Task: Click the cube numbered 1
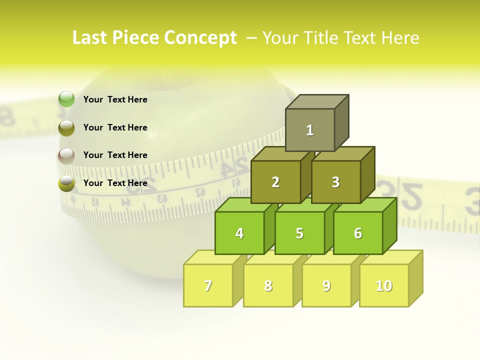click(310, 130)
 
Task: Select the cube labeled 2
click(275, 182)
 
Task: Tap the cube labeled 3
click(335, 182)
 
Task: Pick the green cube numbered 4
click(239, 233)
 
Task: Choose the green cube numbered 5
click(299, 233)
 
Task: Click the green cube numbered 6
click(358, 233)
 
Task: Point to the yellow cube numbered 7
click(208, 285)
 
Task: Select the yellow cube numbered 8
click(268, 285)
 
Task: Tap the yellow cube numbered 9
click(326, 285)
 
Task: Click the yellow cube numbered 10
click(384, 285)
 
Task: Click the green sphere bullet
click(66, 99)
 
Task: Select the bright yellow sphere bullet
click(66, 183)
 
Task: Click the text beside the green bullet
click(115, 99)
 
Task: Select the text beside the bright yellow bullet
click(115, 183)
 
